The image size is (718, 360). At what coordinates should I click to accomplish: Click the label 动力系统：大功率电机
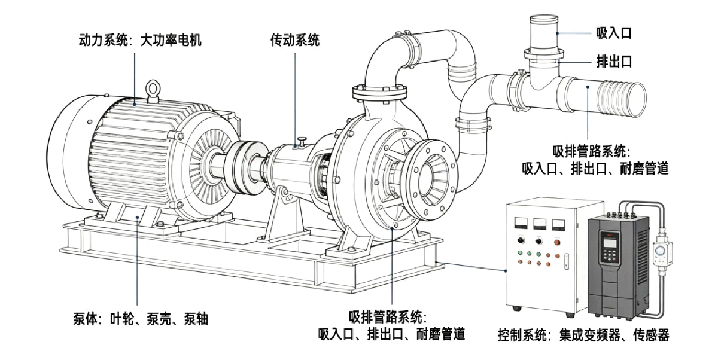tap(140, 40)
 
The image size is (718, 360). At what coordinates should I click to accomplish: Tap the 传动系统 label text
tap(295, 40)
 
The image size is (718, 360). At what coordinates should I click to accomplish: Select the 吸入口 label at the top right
tap(613, 33)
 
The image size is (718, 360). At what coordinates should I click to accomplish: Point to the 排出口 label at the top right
tap(613, 61)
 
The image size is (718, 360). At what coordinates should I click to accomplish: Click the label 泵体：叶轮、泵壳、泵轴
tap(141, 319)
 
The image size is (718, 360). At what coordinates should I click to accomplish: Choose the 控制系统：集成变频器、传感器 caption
tap(583, 335)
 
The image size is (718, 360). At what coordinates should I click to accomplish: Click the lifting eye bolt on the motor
tap(153, 90)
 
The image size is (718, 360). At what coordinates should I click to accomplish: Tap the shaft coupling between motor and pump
tap(248, 167)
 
